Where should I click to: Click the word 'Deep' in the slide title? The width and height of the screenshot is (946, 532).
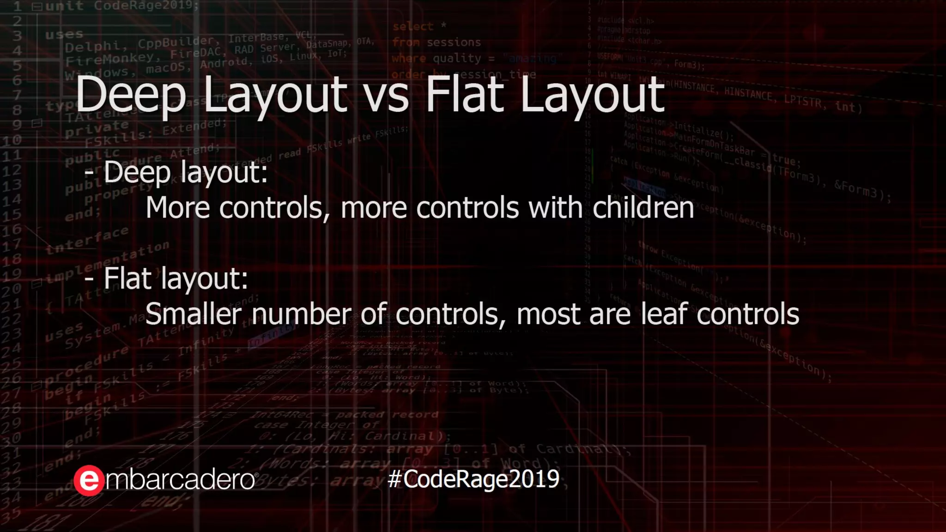tap(131, 95)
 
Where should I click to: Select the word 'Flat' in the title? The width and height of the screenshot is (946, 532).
tap(465, 95)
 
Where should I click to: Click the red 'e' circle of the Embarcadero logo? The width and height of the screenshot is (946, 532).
tap(89, 481)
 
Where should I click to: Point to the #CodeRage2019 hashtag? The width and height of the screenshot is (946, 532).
tap(473, 479)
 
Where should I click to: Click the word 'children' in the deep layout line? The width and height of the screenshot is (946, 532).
tap(643, 208)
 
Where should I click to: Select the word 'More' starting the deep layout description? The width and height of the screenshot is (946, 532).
tap(178, 208)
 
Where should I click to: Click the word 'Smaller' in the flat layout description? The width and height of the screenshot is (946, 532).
tap(193, 314)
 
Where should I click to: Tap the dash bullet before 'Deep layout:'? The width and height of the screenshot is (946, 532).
tap(89, 173)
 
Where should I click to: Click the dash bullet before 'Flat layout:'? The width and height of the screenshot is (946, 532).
tap(89, 279)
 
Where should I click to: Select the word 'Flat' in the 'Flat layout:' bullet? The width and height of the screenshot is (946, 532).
tap(127, 278)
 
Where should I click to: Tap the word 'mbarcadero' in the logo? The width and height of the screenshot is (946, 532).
tap(180, 480)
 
